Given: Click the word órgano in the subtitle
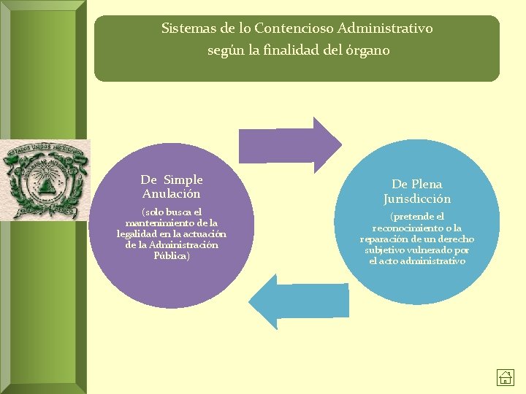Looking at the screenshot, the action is coord(369,51).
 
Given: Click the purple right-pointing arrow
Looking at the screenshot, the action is coord(290,143).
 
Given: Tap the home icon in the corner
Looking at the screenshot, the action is coord(506,377).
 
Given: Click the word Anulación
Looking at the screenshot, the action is coord(172,194).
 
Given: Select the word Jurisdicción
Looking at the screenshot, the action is coord(417,199).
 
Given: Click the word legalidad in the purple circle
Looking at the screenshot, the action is coord(138,233).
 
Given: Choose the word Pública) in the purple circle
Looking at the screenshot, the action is coord(172,255).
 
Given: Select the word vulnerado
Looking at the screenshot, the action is coord(437,250).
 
